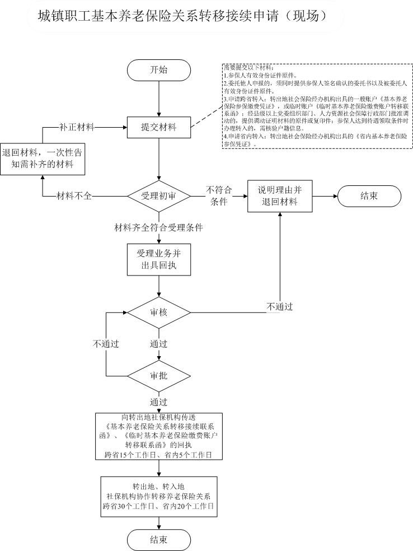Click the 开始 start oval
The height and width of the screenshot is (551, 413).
pos(159,70)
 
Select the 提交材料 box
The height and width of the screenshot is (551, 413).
pos(159,127)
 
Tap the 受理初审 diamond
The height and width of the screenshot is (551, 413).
pos(159,197)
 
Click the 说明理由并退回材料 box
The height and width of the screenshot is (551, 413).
pos(279,197)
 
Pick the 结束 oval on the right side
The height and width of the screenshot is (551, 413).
pos(369,197)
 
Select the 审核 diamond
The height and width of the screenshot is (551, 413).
pos(159,312)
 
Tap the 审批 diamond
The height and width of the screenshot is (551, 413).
pos(159,375)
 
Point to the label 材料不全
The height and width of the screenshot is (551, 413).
pos(75,196)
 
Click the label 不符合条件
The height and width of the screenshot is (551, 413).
pos(219,196)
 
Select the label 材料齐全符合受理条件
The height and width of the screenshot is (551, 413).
pos(158,228)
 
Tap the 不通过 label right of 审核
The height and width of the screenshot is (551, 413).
pos(280,306)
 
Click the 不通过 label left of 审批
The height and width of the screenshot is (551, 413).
pos(106,343)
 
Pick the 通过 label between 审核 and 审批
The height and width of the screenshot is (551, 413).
pos(158,343)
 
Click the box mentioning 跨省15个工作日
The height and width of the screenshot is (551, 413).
pos(159,436)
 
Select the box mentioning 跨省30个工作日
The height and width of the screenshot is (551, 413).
pos(159,495)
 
